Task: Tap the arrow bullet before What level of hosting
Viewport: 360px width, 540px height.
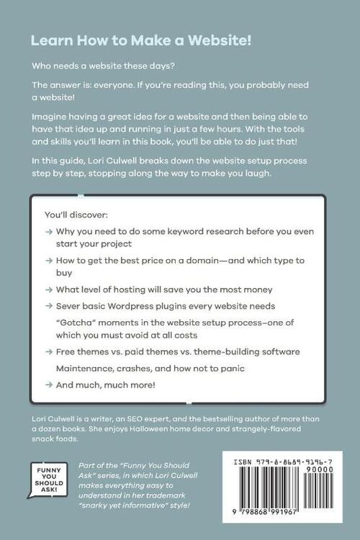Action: (x=48, y=289)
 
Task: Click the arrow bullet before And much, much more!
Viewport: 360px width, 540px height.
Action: (x=48, y=384)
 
